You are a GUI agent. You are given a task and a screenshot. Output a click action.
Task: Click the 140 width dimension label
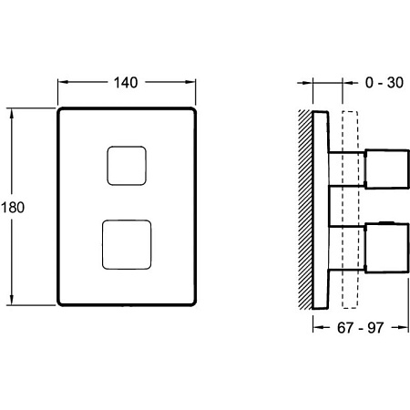(128, 83)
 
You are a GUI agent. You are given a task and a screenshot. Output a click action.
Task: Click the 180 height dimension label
(13, 207)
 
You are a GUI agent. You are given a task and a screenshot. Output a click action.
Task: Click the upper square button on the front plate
(128, 167)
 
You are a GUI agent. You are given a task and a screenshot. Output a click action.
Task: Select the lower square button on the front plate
(127, 244)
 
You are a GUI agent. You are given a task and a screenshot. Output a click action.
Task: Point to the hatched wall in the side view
(305, 210)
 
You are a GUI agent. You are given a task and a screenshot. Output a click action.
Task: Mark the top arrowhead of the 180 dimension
(13, 115)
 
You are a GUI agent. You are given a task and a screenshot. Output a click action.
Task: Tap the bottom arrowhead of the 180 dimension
(13, 302)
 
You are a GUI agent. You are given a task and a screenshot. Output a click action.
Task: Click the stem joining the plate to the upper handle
(346, 171)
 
